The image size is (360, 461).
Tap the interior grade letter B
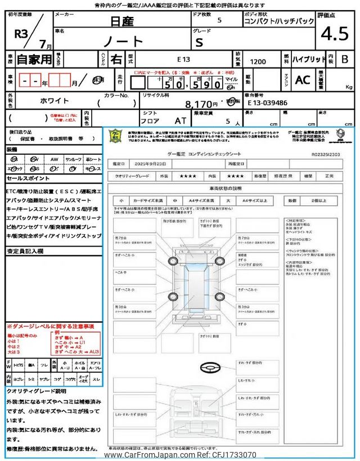click(345, 59)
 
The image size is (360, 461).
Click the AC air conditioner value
click(303, 80)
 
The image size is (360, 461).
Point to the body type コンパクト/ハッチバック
click(279, 22)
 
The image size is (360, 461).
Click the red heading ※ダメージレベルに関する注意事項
click(50, 326)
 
